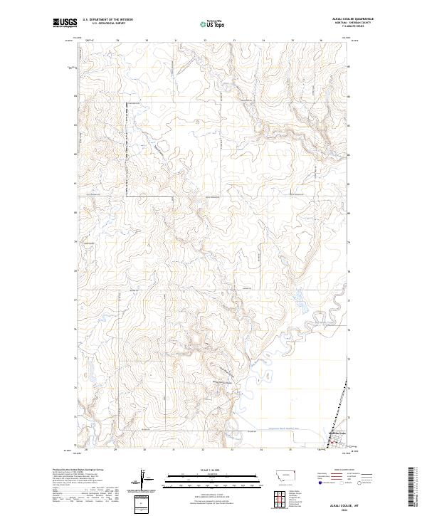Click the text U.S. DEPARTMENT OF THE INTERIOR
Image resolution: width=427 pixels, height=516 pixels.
(107, 20)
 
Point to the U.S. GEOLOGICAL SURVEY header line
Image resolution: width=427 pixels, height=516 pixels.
(107, 23)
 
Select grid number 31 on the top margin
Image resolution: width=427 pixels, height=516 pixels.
(175, 41)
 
